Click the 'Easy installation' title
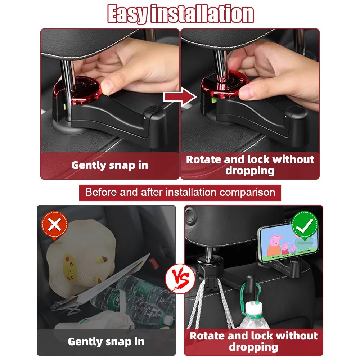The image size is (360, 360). click(180, 14)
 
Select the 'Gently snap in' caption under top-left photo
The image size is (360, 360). click(109, 165)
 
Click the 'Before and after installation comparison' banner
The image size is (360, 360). click(180, 192)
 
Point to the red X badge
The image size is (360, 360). click(54, 226)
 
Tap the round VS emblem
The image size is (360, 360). click(180, 279)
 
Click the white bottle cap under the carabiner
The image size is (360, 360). click(254, 309)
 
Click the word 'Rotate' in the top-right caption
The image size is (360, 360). click(204, 159)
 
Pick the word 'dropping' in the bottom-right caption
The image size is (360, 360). click(253, 347)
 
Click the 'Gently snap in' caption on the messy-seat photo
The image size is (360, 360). click(106, 341)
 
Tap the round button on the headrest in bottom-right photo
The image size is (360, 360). click(190, 216)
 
